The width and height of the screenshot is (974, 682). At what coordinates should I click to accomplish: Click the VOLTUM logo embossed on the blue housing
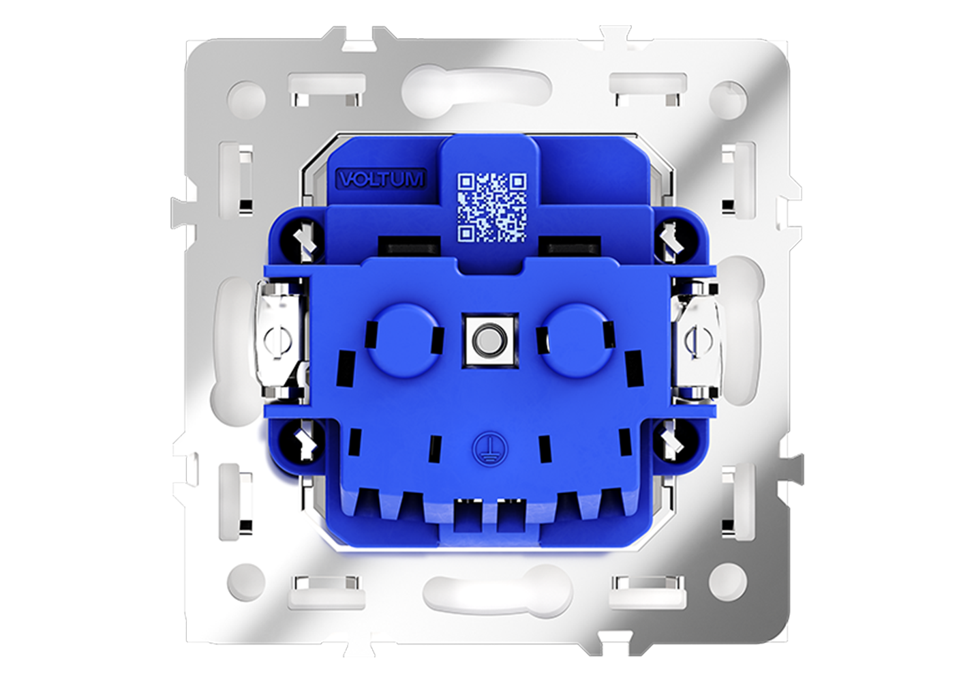point(381,179)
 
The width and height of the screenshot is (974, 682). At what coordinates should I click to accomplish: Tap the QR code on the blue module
point(491,207)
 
